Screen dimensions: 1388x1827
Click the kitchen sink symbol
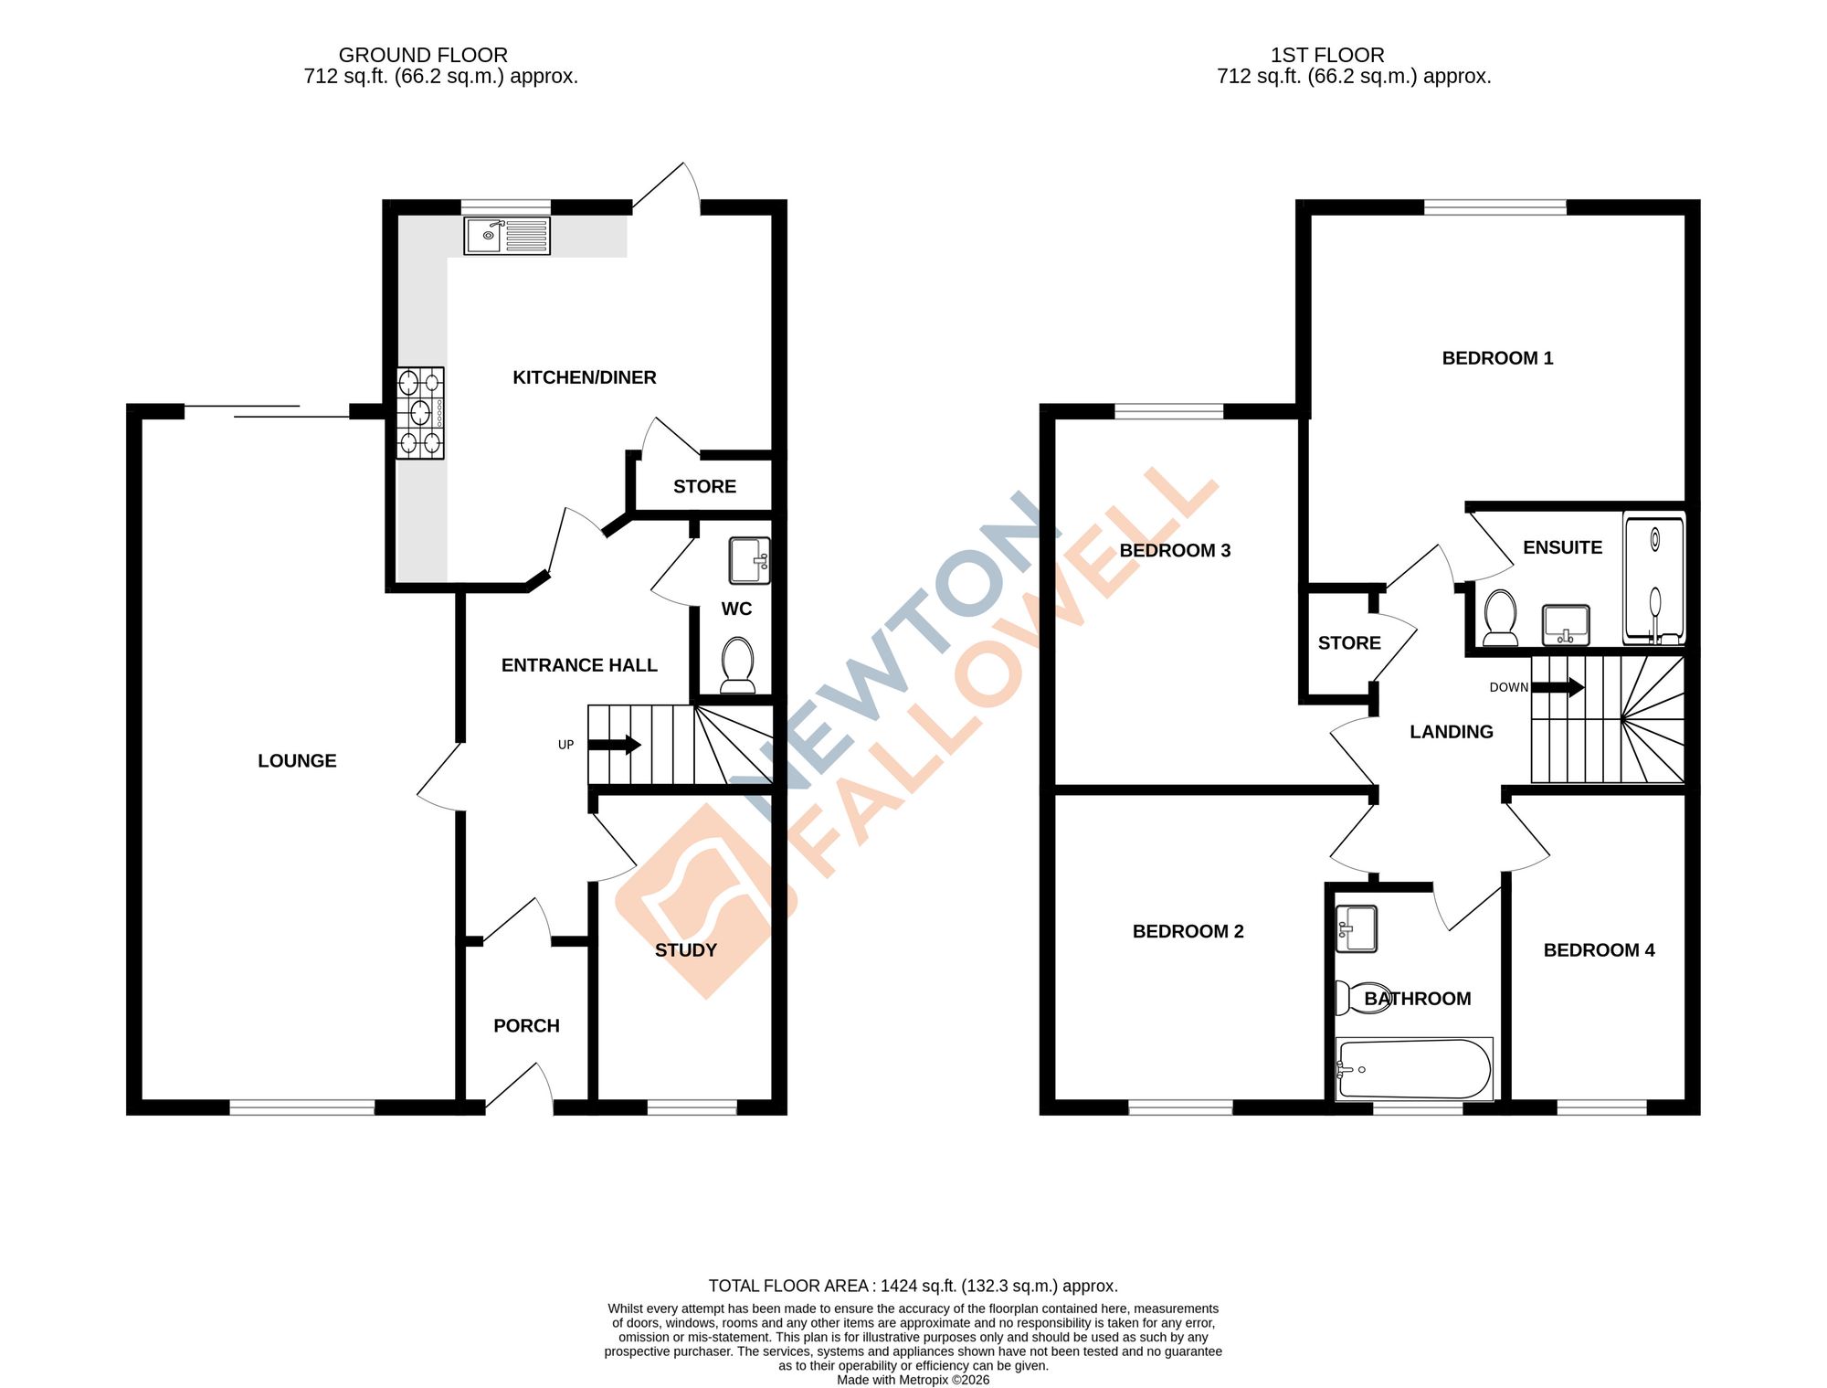tap(506, 235)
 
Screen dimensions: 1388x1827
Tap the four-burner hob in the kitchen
tap(420, 413)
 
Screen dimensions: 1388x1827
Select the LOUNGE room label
tap(297, 760)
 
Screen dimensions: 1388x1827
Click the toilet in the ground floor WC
tap(737, 664)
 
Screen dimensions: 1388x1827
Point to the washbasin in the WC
tap(749, 560)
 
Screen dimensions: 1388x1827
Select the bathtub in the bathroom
tap(1414, 1068)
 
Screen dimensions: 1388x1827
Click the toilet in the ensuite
tap(1500, 618)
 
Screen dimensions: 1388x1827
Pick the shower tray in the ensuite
tap(1654, 579)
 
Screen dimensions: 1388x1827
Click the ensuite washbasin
tap(1566, 625)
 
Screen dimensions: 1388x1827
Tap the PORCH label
tap(526, 1025)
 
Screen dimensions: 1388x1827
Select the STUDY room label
tap(686, 949)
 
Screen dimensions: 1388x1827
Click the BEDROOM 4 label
tap(1599, 949)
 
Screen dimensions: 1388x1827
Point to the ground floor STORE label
tap(704, 486)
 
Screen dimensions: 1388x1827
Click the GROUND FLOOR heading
tap(423, 55)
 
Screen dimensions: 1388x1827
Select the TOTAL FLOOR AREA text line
tap(913, 1286)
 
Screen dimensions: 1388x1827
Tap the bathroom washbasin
tap(1357, 928)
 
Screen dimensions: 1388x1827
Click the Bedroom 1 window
tap(1495, 207)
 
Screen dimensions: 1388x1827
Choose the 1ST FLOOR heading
tap(1327, 55)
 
